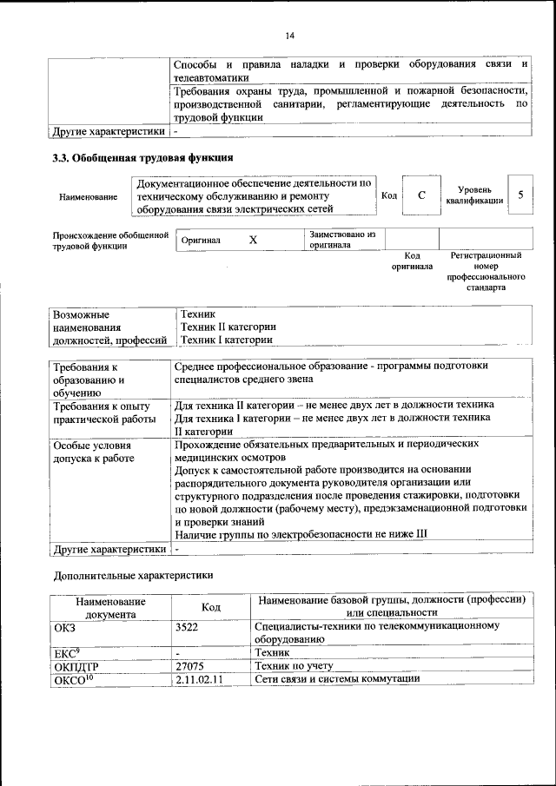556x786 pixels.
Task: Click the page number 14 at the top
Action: click(289, 35)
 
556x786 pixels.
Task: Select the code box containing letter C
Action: click(421, 196)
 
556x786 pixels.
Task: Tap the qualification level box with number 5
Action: click(520, 195)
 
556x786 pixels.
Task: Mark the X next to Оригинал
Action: click(253, 240)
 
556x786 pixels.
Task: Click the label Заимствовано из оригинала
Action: click(342, 240)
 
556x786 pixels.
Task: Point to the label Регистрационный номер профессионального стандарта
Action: click(486, 271)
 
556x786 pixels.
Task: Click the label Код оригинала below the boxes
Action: click(413, 261)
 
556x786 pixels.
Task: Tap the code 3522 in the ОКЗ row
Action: click(188, 625)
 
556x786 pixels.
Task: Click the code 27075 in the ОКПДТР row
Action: click(190, 664)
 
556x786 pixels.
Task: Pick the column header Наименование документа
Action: click(110, 606)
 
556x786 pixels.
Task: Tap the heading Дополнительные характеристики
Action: click(133, 574)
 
